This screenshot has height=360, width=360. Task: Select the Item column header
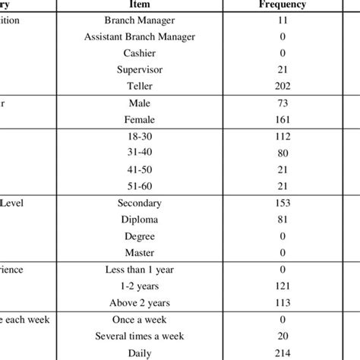pyautogui.click(x=141, y=5)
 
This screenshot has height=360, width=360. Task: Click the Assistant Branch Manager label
pyautogui.click(x=141, y=37)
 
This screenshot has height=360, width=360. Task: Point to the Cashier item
pyautogui.click(x=141, y=53)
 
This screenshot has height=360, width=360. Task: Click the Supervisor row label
pyautogui.click(x=141, y=69)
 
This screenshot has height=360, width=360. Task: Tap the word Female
pyautogui.click(x=141, y=119)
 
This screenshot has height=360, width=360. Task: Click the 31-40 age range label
pyautogui.click(x=141, y=153)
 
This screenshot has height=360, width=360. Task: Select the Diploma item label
pyautogui.click(x=141, y=219)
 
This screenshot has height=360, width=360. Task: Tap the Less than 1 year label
pyautogui.click(x=141, y=270)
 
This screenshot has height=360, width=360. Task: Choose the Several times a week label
pyautogui.click(x=141, y=336)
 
